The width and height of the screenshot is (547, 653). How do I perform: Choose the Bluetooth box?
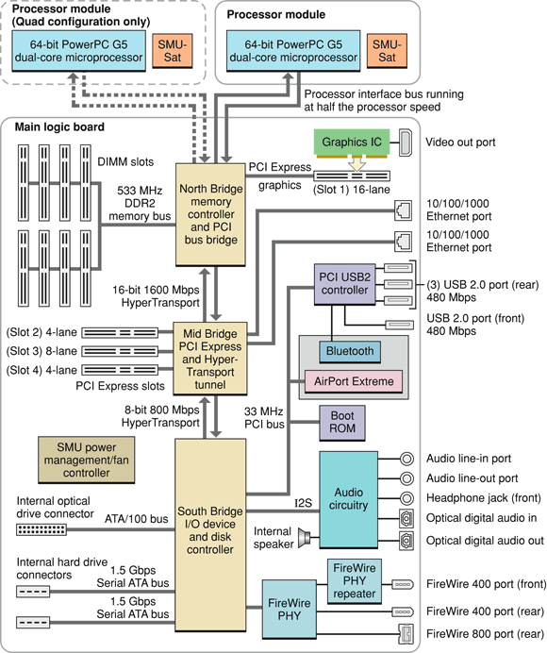click(349, 351)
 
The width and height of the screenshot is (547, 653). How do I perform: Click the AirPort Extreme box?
click(351, 381)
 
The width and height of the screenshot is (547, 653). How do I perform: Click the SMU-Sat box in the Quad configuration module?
click(171, 51)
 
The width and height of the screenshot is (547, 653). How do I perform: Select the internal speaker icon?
click(304, 538)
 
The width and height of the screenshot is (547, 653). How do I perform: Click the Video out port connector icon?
click(406, 142)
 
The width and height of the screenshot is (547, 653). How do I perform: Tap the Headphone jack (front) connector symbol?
click(406, 498)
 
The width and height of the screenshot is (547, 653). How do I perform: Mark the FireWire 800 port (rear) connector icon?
click(406, 632)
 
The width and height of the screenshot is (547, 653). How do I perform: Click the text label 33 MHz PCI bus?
click(263, 417)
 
